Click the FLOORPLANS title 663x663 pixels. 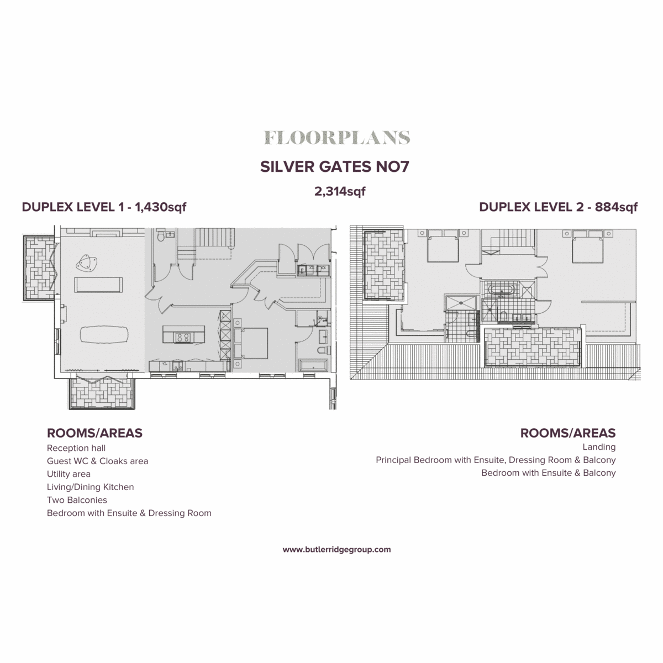click(x=336, y=138)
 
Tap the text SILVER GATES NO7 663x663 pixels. click(x=334, y=166)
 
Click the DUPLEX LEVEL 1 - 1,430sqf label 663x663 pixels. click(x=104, y=207)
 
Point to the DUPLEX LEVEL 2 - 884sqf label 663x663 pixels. click(x=558, y=207)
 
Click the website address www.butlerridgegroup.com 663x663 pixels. click(x=336, y=549)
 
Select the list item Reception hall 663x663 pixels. click(x=76, y=448)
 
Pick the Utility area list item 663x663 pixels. click(x=69, y=473)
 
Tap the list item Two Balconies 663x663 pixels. click(x=77, y=500)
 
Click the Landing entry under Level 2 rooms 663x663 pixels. click(x=599, y=447)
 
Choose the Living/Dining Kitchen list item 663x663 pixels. click(x=90, y=487)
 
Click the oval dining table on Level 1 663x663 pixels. click(x=104, y=335)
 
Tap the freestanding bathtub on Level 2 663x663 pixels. click(x=502, y=290)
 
